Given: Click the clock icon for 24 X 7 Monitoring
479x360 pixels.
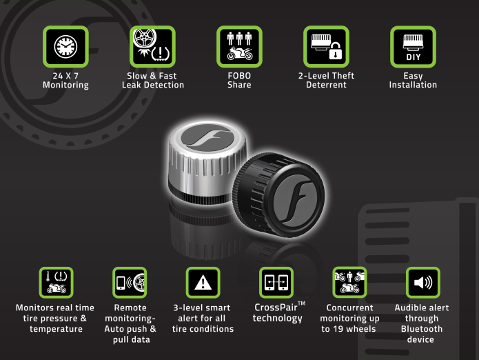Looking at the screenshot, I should click(65, 47).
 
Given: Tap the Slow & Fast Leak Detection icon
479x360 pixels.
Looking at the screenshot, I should click(152, 47).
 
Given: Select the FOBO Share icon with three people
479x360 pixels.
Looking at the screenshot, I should click(239, 47).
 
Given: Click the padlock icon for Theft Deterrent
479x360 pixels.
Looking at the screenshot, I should click(326, 47).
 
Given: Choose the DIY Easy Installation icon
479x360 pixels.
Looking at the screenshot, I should click(412, 47).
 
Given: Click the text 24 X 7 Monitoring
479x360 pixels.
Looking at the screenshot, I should click(65, 80).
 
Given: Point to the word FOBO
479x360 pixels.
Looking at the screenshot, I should click(239, 75).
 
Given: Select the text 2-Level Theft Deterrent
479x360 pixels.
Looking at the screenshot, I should click(326, 80).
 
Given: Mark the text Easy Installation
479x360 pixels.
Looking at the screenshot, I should click(413, 80).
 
